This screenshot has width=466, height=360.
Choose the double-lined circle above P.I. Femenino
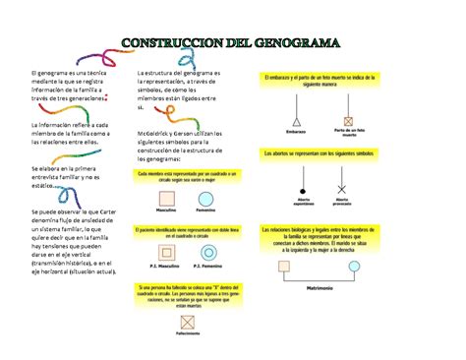(x=206, y=253)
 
